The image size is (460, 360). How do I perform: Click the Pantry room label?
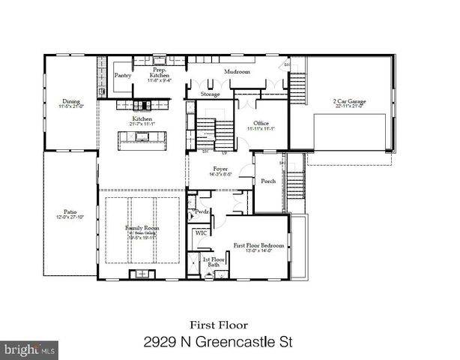123,76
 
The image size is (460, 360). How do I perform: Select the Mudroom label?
237,71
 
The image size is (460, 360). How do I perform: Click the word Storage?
211,95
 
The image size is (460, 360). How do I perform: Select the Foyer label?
220,169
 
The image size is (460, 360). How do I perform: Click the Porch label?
267,181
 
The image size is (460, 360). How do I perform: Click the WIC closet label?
201,233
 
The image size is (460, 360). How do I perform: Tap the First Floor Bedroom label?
259,245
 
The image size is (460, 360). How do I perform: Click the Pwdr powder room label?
201,212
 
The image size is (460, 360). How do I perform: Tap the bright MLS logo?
29,349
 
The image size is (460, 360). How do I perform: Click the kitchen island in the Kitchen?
142,136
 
